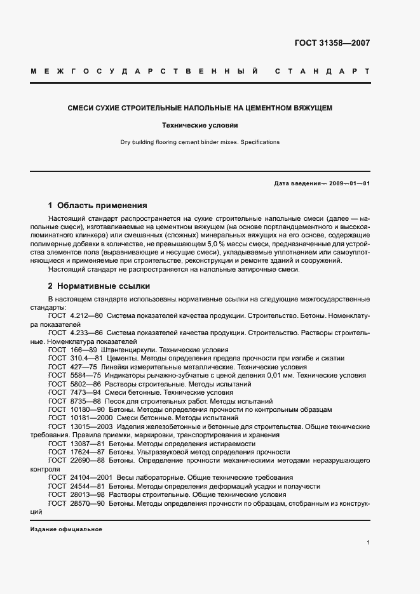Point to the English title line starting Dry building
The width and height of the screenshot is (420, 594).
[200, 142]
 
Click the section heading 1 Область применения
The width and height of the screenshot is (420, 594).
[98, 206]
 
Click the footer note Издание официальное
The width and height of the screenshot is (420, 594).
[66, 529]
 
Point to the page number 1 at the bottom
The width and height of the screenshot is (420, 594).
[369, 543]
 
